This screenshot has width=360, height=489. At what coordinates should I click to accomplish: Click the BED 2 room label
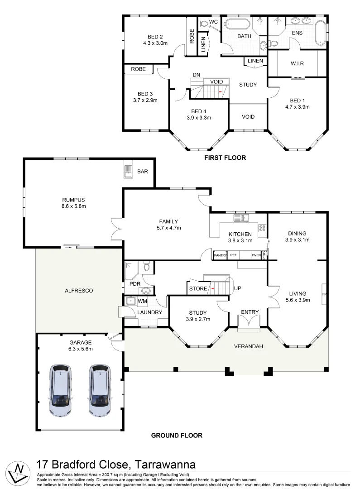pyautogui.click(x=155, y=37)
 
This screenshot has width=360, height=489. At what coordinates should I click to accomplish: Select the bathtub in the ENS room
pyautogui.click(x=321, y=33)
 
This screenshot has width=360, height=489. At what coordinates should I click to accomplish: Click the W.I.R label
pyautogui.click(x=297, y=63)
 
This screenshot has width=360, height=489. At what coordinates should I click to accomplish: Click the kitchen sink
pyautogui.click(x=241, y=218)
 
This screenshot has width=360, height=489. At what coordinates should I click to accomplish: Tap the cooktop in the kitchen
pyautogui.click(x=262, y=228)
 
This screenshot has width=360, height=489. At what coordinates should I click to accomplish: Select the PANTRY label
pyautogui.click(x=220, y=255)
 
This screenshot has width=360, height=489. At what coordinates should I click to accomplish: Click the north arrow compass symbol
pyautogui.click(x=18, y=472)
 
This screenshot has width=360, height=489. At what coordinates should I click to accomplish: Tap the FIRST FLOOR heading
pyautogui.click(x=225, y=158)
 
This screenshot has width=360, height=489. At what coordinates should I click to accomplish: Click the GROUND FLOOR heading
pyautogui.click(x=177, y=436)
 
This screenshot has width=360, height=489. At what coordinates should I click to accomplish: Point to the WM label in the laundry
pyautogui.click(x=142, y=301)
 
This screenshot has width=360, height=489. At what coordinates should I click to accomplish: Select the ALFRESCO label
pyautogui.click(x=79, y=291)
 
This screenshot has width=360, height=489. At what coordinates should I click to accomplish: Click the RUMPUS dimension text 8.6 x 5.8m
pyautogui.click(x=74, y=206)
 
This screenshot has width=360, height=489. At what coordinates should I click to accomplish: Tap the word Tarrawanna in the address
pyautogui.click(x=165, y=465)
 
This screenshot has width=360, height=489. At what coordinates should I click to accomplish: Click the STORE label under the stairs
pyautogui.click(x=198, y=289)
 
